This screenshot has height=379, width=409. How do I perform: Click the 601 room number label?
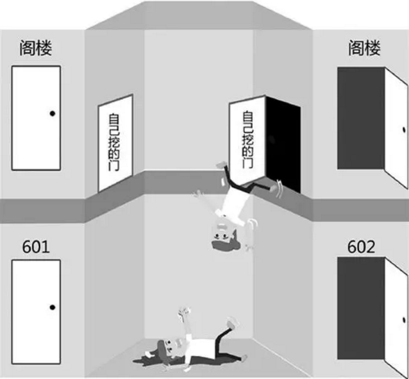[35, 246]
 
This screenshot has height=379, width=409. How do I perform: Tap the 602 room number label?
[361, 246]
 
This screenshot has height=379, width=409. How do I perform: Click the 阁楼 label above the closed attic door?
[35, 48]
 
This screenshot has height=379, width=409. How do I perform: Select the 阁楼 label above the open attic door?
[365, 48]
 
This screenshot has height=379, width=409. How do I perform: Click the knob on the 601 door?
[53, 308]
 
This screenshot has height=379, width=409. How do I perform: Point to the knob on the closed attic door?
[53, 113]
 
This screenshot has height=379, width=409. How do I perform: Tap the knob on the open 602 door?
[404, 319]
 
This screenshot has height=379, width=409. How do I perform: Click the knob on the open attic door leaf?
[404, 130]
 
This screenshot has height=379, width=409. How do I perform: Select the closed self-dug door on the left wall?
[115, 143]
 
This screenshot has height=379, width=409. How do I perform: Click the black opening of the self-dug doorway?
[283, 144]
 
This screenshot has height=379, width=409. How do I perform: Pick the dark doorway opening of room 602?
[361, 308]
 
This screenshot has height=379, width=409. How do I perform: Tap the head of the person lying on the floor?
[166, 348]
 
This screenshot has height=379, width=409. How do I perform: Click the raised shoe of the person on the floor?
[233, 322]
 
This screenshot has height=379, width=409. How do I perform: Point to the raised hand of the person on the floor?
[184, 312]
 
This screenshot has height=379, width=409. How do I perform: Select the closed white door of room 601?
[36, 312]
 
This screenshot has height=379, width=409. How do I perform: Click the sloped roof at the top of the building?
[199, 15]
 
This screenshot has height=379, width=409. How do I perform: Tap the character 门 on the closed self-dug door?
[114, 166]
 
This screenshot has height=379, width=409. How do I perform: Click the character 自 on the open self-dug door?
[247, 117]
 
